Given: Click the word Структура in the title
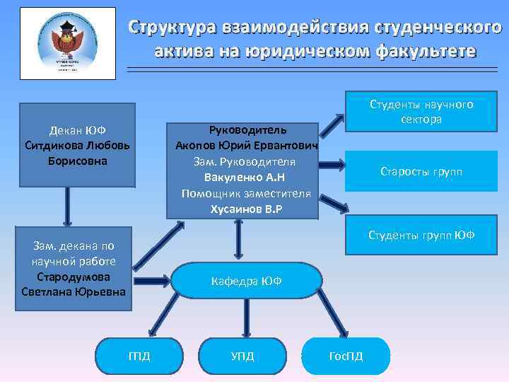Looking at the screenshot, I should [177, 28].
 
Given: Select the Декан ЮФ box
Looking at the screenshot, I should [77, 145].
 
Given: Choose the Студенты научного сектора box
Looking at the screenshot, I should [421, 112].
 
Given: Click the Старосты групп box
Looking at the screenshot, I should [421, 172].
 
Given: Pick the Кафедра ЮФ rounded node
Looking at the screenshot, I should [247, 281].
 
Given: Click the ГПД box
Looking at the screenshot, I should [139, 355].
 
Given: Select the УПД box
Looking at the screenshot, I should [242, 355].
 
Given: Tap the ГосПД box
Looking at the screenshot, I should [346, 355].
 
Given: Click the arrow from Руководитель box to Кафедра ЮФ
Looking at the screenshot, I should [239, 240].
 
